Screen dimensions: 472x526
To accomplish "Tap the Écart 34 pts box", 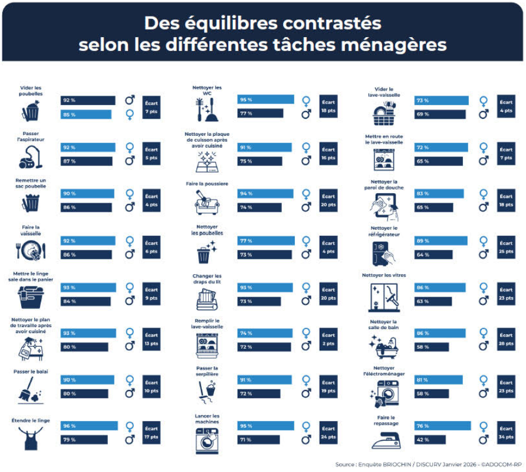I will (x=506, y=433).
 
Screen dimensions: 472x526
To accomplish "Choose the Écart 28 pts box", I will (x=506, y=340).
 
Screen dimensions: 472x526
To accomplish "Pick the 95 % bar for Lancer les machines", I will (x=265, y=426).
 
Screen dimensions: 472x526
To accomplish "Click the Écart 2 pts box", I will (x=328, y=340).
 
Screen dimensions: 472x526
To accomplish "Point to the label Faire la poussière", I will (x=207, y=184).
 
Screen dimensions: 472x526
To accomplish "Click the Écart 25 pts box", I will (x=506, y=247).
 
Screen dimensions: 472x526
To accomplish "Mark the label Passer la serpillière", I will (x=207, y=371).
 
